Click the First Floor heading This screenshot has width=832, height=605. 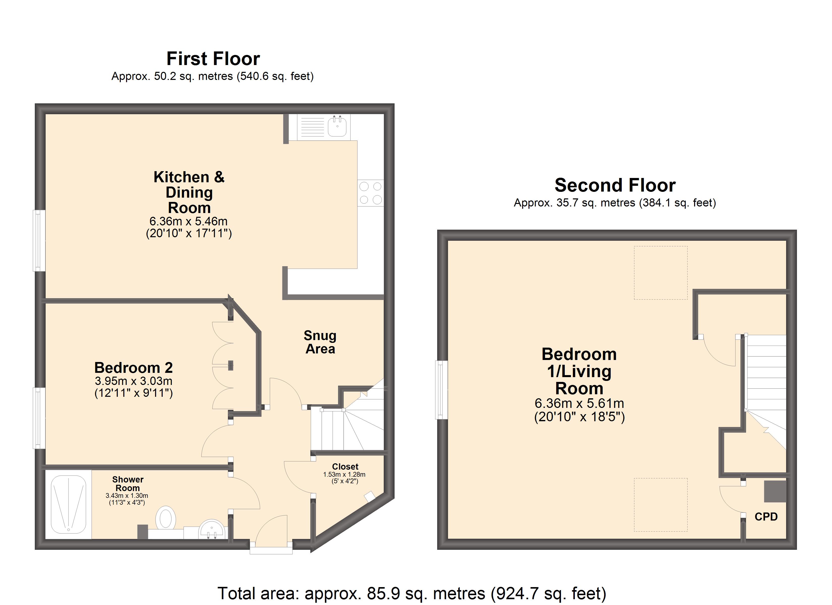213,59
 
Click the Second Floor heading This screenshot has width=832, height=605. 615,185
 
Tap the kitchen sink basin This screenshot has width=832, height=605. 337,126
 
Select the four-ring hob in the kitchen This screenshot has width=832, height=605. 371,193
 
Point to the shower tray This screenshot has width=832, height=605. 69,504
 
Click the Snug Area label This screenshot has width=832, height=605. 320,342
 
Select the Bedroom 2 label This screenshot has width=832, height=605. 134,368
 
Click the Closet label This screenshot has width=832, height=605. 345,467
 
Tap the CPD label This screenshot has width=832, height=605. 766,517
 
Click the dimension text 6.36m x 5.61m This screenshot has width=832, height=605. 579,404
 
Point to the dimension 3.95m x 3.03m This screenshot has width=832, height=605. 134,381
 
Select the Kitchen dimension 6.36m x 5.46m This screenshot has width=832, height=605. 189,221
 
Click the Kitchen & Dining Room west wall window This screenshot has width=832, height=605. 39,241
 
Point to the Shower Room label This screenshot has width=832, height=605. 128,483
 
